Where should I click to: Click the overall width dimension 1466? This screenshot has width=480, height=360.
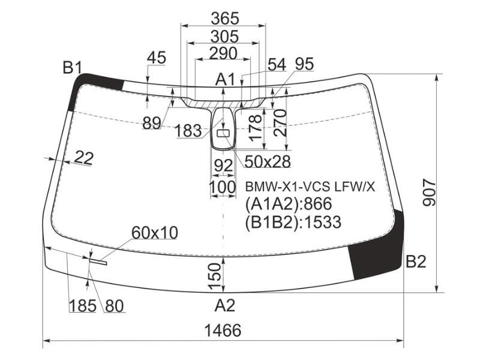223,331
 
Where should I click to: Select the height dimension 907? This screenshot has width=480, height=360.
428,193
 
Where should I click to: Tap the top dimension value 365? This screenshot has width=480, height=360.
224,19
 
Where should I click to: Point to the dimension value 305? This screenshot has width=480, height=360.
224,37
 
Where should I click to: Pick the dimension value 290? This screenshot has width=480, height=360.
223,53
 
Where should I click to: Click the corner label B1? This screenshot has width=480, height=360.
72,68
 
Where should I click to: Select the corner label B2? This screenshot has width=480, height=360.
416,262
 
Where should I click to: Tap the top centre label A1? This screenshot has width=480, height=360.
225,80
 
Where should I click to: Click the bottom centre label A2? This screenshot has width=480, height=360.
225,305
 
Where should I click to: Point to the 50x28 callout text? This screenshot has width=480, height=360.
267,161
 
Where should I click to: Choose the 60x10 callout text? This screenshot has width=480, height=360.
155,233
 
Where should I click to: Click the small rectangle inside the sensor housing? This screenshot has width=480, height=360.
223,133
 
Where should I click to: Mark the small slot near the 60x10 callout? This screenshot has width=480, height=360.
98,261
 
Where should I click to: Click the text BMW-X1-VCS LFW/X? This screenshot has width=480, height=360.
310,187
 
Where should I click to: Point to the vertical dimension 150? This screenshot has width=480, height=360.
214,277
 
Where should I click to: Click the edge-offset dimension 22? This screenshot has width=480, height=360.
84,158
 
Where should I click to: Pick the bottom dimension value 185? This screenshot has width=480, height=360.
83,305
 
